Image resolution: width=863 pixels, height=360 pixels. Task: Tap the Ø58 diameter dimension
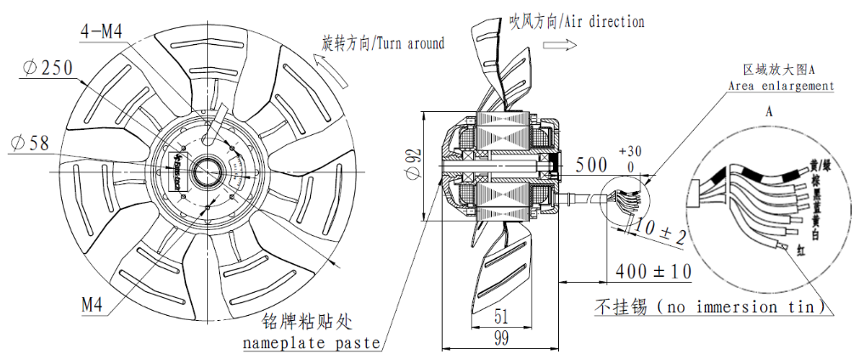31,143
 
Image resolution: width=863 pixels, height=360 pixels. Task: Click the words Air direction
601,21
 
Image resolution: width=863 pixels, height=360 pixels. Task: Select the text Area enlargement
780,87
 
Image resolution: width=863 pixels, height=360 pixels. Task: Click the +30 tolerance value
631,150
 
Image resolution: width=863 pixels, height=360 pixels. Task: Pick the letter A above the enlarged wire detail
768,112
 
